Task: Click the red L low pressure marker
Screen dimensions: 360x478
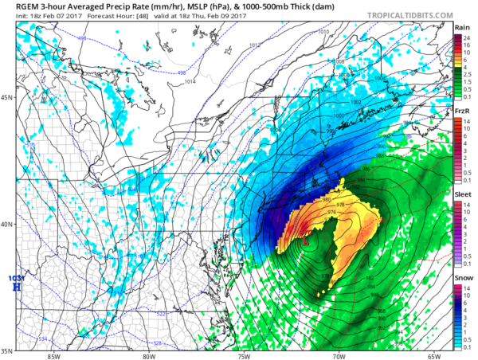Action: (304, 240)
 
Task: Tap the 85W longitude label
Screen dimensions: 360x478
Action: (53, 356)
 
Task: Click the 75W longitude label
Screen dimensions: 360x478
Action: (245, 356)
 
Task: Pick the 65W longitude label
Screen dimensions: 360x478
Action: (433, 356)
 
